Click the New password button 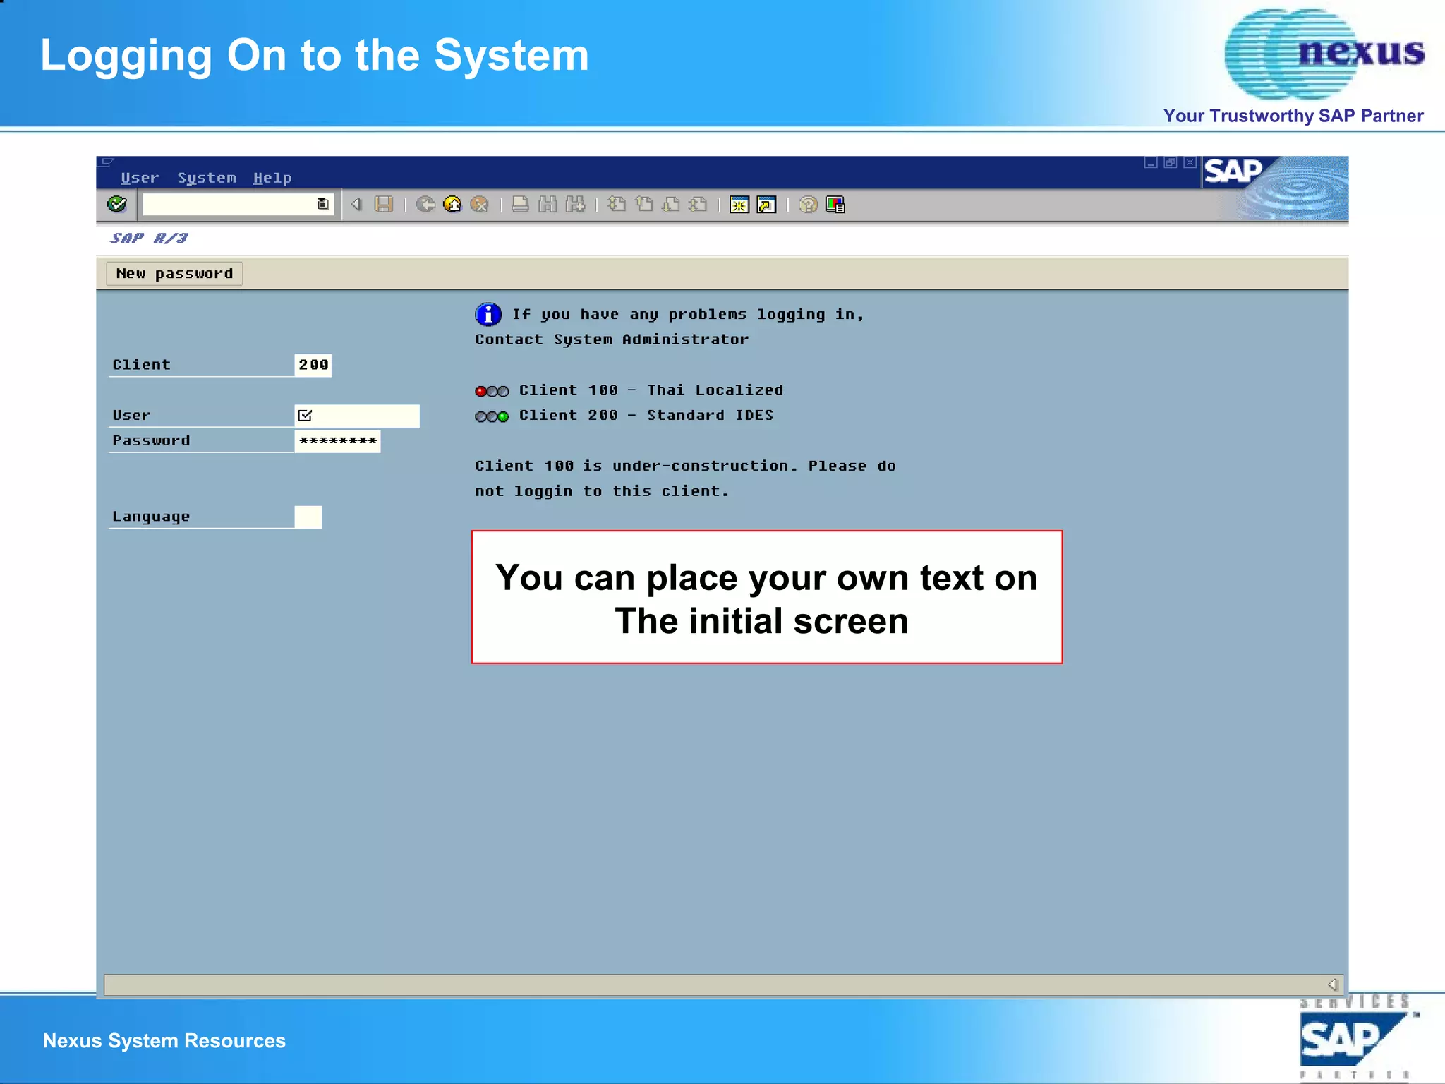pyautogui.click(x=174, y=274)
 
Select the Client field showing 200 pyautogui.click(x=313, y=365)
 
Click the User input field pyautogui.click(x=357, y=416)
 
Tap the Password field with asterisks pyautogui.click(x=337, y=441)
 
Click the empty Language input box pyautogui.click(x=308, y=517)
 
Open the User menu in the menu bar pyautogui.click(x=139, y=178)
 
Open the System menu pyautogui.click(x=206, y=178)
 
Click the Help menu pyautogui.click(x=272, y=178)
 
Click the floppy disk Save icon pyautogui.click(x=383, y=205)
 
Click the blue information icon pyautogui.click(x=488, y=314)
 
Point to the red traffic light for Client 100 pyautogui.click(x=481, y=391)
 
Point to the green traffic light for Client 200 pyautogui.click(x=503, y=416)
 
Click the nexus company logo pyautogui.click(x=1324, y=53)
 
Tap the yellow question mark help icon pyautogui.click(x=808, y=205)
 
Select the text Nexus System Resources pyautogui.click(x=164, y=1041)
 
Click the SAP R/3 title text pyautogui.click(x=149, y=239)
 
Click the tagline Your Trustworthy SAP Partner pyautogui.click(x=1293, y=116)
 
